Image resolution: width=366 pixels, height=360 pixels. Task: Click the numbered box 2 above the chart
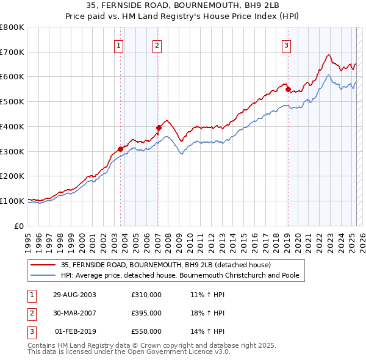157,45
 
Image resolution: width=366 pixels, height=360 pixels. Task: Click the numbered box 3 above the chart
286,45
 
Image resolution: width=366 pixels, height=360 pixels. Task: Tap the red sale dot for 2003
121,149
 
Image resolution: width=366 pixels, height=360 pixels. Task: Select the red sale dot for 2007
159,128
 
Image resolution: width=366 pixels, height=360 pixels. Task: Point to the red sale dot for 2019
288,89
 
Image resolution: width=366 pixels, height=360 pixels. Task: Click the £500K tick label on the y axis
12,102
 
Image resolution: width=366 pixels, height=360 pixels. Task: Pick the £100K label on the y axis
12,201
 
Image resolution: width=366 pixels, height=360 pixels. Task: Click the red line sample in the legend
43,265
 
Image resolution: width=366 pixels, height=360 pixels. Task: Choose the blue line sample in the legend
43,275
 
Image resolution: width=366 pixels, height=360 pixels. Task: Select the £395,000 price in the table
146,313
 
